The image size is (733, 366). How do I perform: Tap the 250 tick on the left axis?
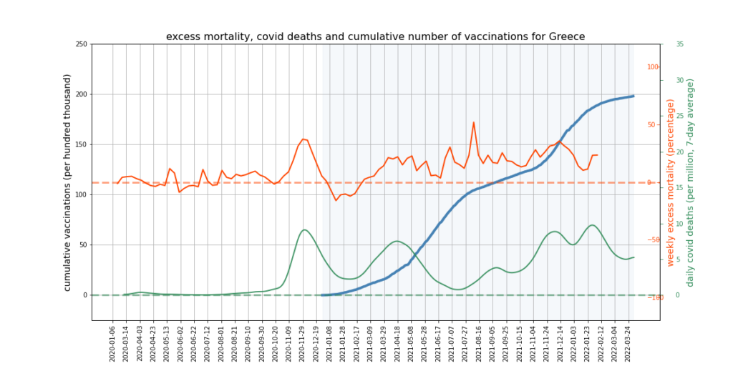pyautogui.click(x=81, y=44)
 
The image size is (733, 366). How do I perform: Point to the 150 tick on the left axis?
pyautogui.click(x=81, y=144)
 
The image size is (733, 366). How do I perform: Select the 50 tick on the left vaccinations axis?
pyautogui.click(x=83, y=244)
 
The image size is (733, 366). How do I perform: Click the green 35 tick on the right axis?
pyautogui.click(x=679, y=44)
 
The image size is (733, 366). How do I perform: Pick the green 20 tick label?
pyautogui.click(x=679, y=152)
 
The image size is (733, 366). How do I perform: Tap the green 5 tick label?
pyautogui.click(x=678, y=259)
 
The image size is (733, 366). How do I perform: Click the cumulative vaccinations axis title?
pyautogui.click(x=68, y=182)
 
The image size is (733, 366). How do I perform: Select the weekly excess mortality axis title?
pyautogui.click(x=671, y=182)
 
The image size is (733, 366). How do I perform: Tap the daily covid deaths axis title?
pyautogui.click(x=691, y=182)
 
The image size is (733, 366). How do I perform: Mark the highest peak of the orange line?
pyautogui.click(x=474, y=122)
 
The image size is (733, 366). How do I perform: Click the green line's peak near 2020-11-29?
pyautogui.click(x=304, y=229)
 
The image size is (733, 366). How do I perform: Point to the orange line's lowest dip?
pyautogui.click(x=336, y=200)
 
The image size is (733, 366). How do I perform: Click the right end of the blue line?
pyautogui.click(x=634, y=96)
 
